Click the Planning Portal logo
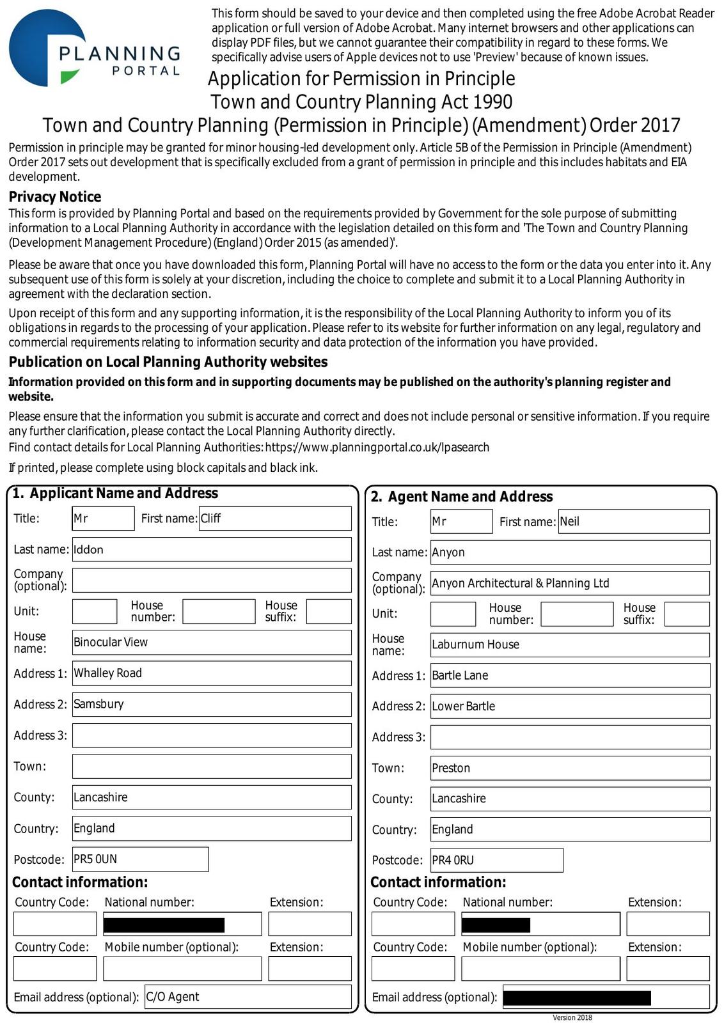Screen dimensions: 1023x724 (x=95, y=49)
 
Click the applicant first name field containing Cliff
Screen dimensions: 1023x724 (x=275, y=519)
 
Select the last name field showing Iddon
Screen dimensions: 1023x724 (x=211, y=550)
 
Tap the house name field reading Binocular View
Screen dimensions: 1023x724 (x=211, y=643)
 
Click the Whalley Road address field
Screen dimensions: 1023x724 (x=211, y=673)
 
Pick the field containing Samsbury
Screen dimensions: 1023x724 (x=211, y=705)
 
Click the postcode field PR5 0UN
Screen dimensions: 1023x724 (x=140, y=859)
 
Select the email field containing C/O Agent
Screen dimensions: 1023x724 (x=248, y=997)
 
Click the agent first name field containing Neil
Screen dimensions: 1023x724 (x=633, y=522)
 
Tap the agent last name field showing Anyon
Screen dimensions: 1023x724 (x=569, y=552)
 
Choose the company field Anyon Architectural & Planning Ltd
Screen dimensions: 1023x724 (x=569, y=583)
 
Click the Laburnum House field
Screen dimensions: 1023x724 (x=569, y=644)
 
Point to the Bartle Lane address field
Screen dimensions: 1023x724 (x=569, y=676)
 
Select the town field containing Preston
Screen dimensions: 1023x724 (x=569, y=769)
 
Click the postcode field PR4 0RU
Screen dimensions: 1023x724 (x=496, y=861)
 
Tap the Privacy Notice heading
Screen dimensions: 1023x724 (x=55, y=197)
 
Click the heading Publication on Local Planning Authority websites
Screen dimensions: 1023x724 (x=168, y=362)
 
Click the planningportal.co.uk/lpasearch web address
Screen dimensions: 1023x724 (x=377, y=448)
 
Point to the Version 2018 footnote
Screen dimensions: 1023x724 (x=572, y=1017)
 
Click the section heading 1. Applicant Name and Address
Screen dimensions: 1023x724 (x=115, y=494)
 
